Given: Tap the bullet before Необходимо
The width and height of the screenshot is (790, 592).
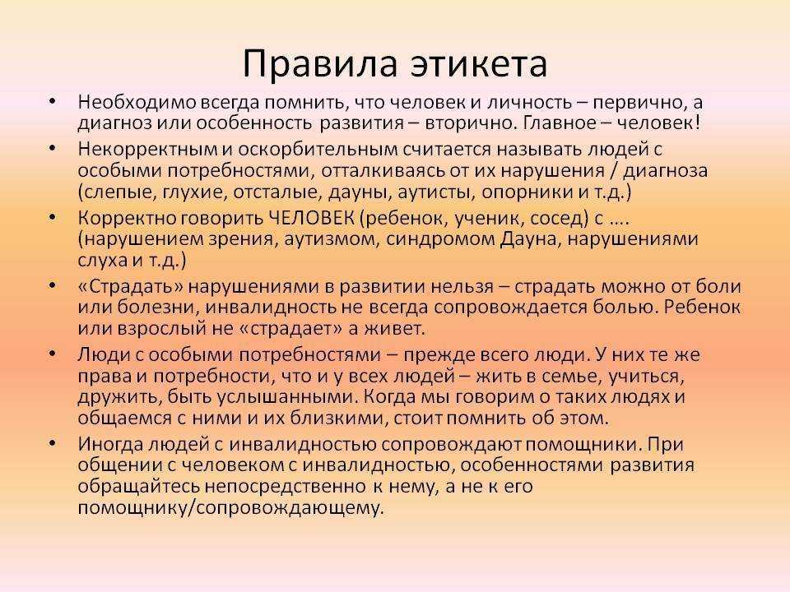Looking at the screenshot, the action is click(52, 102).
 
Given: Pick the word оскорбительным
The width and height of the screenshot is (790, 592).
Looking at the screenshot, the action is click(316, 150).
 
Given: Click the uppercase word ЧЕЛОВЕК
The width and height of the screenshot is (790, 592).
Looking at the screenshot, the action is click(311, 219).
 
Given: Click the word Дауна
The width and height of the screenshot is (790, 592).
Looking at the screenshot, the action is click(528, 239).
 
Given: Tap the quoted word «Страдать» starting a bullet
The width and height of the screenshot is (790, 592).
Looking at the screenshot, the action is click(131, 287).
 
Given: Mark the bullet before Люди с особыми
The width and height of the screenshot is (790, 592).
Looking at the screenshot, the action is click(52, 354).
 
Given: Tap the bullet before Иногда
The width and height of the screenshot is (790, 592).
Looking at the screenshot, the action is click(52, 443).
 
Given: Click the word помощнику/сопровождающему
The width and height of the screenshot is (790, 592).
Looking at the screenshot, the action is click(230, 508).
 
